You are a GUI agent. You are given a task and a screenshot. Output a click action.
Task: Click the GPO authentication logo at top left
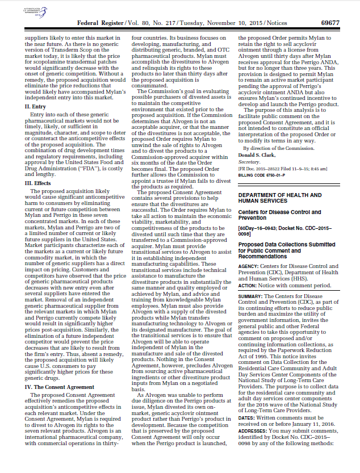click(x=32, y=11)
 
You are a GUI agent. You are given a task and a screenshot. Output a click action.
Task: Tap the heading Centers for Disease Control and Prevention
click(x=287, y=215)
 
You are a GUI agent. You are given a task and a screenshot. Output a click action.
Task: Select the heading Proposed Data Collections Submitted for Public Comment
click(x=287, y=249)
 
